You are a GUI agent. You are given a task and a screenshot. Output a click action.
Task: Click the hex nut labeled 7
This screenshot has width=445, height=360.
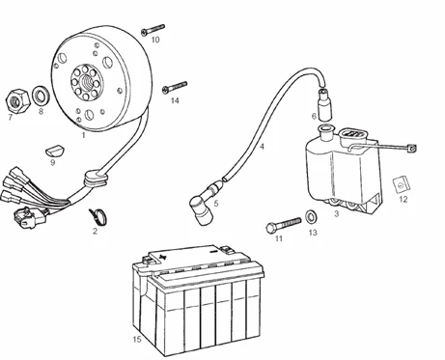pos(18,100)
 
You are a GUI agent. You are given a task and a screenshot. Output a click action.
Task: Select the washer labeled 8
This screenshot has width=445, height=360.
pos(41,96)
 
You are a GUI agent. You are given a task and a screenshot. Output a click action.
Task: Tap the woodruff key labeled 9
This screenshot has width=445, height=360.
pos(55,151)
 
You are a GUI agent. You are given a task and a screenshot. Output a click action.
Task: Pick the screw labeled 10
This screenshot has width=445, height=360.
pos(153,29)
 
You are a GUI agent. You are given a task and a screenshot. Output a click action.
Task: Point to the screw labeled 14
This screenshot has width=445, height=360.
pos(175,87)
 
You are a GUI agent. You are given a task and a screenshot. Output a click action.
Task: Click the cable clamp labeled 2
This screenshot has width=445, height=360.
pos(97,216)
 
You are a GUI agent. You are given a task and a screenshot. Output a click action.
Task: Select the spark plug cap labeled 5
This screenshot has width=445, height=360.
pos(205,203)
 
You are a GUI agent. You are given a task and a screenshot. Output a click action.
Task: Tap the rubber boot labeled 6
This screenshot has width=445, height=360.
pos(324,104)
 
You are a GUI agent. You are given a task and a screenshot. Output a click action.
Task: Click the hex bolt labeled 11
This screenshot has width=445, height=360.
pos(284,225)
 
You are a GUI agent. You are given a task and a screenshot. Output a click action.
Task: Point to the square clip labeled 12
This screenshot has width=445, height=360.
pos(402,184)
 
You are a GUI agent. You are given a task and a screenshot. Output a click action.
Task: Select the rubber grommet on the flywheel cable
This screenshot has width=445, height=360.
pos(96,179)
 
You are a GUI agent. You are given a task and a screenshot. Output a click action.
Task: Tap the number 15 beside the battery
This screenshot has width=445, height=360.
pos(137,339)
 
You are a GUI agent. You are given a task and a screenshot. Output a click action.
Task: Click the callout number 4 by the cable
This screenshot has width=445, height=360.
pos(262,147)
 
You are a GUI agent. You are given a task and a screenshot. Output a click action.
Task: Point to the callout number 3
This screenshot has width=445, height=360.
pos(336,213)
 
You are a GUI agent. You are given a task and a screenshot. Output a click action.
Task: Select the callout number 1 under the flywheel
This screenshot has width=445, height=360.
pos(83,135)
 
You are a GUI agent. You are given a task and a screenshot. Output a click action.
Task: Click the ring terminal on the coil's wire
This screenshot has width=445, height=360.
pos(411,149)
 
